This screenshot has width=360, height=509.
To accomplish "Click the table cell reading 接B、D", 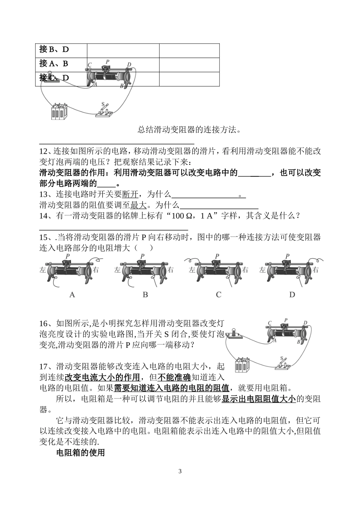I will click(x=61, y=50).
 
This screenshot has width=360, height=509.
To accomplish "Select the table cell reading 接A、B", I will click(x=61, y=64).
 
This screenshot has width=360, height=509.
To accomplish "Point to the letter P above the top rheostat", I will click(x=108, y=61).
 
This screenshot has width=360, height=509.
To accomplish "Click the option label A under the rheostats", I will click(x=72, y=294).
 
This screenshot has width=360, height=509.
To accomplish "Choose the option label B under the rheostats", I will click(x=145, y=294).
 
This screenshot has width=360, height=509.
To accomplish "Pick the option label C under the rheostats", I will click(x=218, y=294).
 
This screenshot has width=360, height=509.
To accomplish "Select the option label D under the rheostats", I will click(x=292, y=294).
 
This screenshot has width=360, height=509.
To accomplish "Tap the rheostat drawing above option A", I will click(x=70, y=270).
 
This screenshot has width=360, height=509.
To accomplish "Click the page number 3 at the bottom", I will click(x=180, y=471).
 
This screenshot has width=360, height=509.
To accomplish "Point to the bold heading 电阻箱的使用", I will click(x=80, y=452).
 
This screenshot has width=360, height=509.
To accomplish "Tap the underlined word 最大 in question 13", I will click(x=138, y=205).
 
